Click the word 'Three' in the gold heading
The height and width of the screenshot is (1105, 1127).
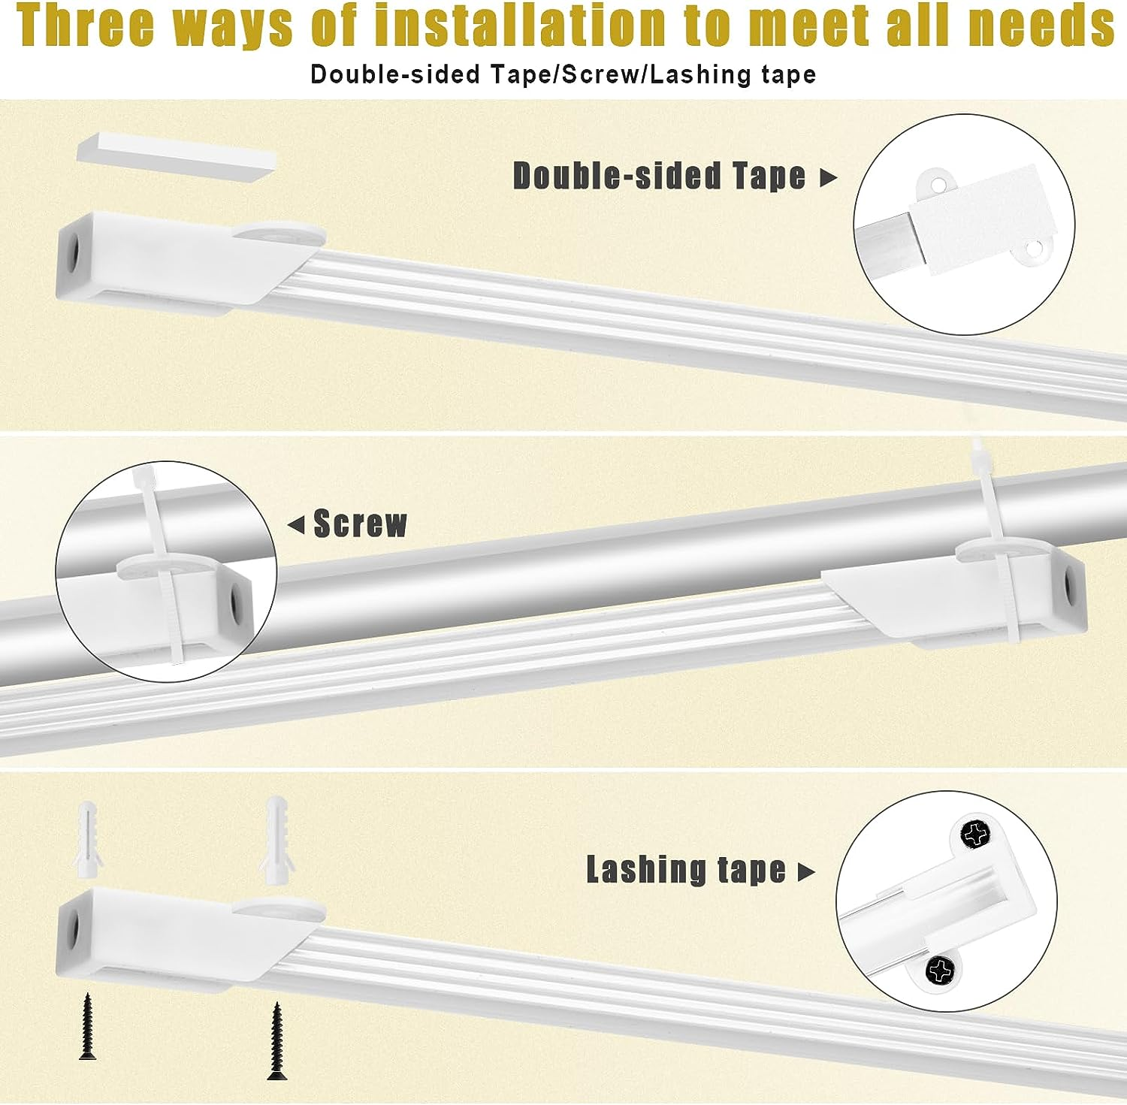coord(87,26)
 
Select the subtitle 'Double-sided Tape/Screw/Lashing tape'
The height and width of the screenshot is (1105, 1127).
coord(563,74)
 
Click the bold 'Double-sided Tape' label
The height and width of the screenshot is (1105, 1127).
coord(659,176)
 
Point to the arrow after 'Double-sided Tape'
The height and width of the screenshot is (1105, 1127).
coord(828,178)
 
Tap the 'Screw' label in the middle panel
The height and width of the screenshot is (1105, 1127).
coord(360,524)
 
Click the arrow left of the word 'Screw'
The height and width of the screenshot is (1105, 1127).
coord(296,524)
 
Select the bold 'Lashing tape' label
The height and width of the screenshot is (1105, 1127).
coord(685,870)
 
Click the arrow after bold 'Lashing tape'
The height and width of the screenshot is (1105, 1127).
coord(806,872)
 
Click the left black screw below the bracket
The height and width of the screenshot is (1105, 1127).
coord(88,1026)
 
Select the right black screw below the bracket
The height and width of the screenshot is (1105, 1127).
coord(276,1041)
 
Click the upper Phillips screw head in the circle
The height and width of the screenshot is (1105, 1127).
coord(975,834)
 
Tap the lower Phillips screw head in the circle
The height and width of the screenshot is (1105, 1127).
coord(939,971)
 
